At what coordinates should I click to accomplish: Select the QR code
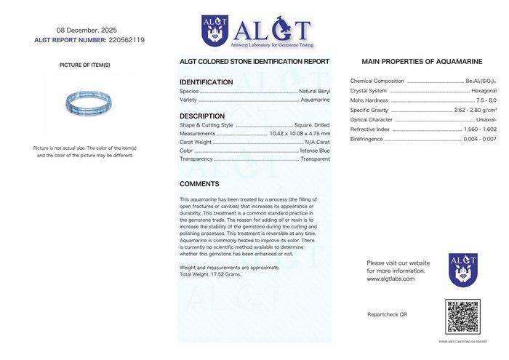(462, 316)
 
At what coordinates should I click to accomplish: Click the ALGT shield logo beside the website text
(462, 269)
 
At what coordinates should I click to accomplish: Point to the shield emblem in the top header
(215, 31)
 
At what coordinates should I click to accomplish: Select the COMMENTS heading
(199, 184)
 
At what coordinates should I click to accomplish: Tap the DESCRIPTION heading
(202, 116)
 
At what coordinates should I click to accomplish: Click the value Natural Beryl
(314, 91)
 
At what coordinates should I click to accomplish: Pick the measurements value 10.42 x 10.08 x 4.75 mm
(300, 133)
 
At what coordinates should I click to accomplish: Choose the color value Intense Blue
(315, 151)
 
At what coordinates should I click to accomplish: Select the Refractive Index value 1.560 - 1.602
(480, 129)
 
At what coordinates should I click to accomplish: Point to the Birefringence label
(366, 138)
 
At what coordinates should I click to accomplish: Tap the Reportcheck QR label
(388, 314)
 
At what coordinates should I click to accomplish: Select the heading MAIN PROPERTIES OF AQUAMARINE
(422, 62)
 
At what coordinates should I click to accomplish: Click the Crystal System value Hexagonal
(484, 91)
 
